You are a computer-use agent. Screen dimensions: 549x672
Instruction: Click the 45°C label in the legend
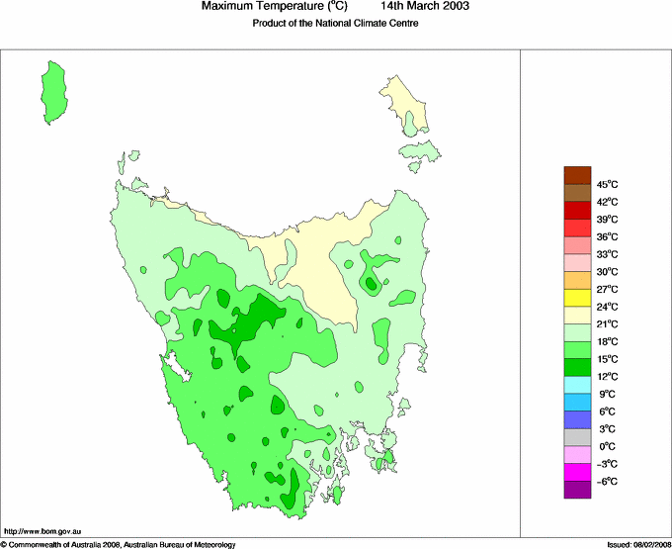[x=607, y=184]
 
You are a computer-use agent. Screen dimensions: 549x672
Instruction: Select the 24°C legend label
[x=607, y=307]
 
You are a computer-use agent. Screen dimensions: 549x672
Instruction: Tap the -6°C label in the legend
[x=607, y=482]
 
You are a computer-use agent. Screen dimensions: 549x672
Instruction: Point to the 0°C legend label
[x=607, y=447]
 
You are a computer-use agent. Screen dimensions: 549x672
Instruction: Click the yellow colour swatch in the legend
[x=578, y=298]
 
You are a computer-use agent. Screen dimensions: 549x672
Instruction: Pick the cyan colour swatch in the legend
[x=578, y=385]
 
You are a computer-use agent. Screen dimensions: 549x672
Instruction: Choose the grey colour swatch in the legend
[x=578, y=437]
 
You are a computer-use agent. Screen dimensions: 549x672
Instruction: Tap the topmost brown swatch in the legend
[x=578, y=175]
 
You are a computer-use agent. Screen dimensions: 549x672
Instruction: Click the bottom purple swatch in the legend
[x=578, y=490]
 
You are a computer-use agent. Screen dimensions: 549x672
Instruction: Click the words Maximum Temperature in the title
[x=263, y=7]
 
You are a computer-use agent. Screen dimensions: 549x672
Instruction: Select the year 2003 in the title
[x=452, y=7]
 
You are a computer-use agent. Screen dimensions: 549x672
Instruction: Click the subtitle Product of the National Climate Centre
[x=335, y=24]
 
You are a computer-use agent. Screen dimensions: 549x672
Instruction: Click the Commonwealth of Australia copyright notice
[x=119, y=544]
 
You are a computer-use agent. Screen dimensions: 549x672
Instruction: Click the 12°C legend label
[x=607, y=377]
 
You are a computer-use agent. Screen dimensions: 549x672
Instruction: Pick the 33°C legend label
[x=607, y=254]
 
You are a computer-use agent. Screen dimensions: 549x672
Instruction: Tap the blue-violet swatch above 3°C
[x=578, y=419]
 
